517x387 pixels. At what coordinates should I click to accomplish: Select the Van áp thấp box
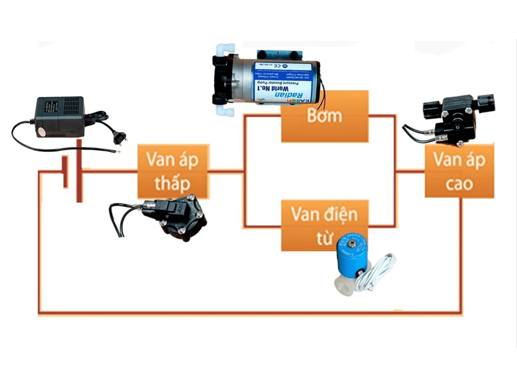173,171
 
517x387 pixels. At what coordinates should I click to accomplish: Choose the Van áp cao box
459,171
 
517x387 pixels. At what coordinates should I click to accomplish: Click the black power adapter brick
60,116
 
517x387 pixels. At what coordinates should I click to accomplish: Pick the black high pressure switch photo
457,118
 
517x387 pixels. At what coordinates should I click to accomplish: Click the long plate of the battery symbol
79,171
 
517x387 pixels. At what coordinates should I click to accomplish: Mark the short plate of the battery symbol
65,172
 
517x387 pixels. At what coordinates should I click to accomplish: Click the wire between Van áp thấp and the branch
226,171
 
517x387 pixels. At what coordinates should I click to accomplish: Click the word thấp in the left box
173,183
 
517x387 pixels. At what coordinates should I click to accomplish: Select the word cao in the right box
459,183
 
